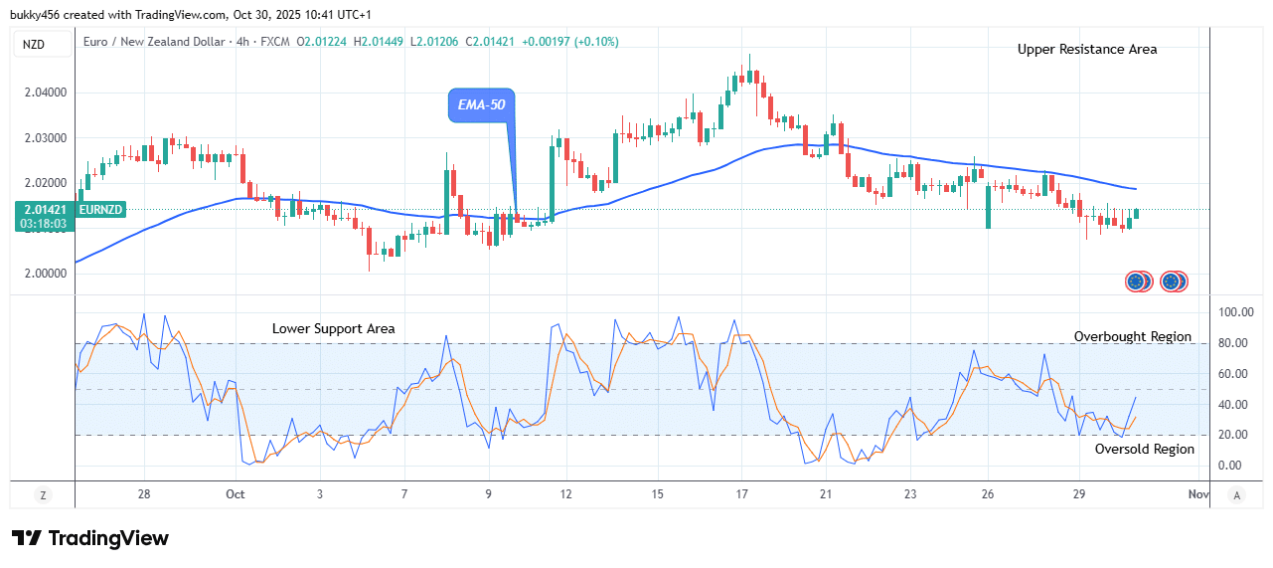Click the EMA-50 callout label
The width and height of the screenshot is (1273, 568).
(482, 104)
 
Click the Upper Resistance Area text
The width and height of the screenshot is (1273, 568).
(1086, 49)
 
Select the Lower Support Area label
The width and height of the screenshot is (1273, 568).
(333, 328)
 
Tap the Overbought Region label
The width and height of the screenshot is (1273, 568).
(1132, 336)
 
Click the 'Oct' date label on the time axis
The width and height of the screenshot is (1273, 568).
(236, 494)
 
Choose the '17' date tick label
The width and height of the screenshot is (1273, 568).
(741, 494)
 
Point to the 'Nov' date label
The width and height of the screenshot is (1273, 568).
(1197, 494)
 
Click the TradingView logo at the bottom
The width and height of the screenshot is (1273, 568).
(90, 538)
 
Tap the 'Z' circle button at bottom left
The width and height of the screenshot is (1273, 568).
(43, 494)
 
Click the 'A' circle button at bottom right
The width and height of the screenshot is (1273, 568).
(1236, 494)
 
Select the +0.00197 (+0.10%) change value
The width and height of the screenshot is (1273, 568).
(570, 42)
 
